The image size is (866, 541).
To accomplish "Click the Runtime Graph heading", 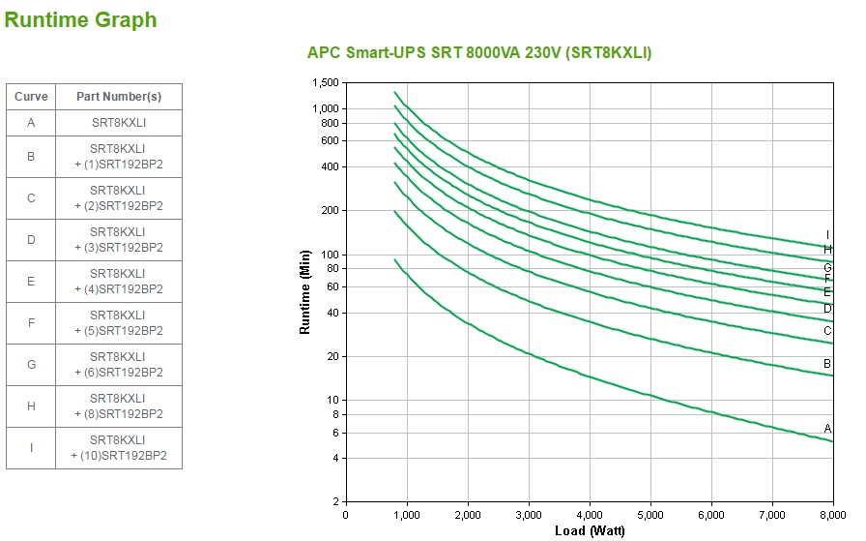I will (80, 20).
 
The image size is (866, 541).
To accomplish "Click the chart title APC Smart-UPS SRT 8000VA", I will (479, 53).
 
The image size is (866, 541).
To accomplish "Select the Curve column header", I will (31, 97).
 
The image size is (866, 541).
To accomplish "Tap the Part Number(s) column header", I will (119, 97).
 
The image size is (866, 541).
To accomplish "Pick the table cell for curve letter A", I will (31, 123).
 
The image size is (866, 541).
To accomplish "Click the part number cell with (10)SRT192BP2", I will (119, 448).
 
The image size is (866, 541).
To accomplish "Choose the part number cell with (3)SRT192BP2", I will (119, 240).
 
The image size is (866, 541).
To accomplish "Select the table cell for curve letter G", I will (31, 365).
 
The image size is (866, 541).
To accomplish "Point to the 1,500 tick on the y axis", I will (326, 83).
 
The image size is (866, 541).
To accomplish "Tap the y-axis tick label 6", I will (334, 432).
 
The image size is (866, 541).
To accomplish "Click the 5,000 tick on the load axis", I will (649, 515).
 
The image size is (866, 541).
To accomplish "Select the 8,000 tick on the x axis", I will (832, 515).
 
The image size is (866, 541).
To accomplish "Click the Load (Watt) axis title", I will (590, 530).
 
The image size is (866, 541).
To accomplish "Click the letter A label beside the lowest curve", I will (827, 428).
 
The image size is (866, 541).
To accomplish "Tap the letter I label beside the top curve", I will (827, 234).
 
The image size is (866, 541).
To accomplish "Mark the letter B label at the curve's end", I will (827, 364).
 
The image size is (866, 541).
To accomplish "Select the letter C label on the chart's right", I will (827, 330).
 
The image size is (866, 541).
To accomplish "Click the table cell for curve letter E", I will (31, 282).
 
